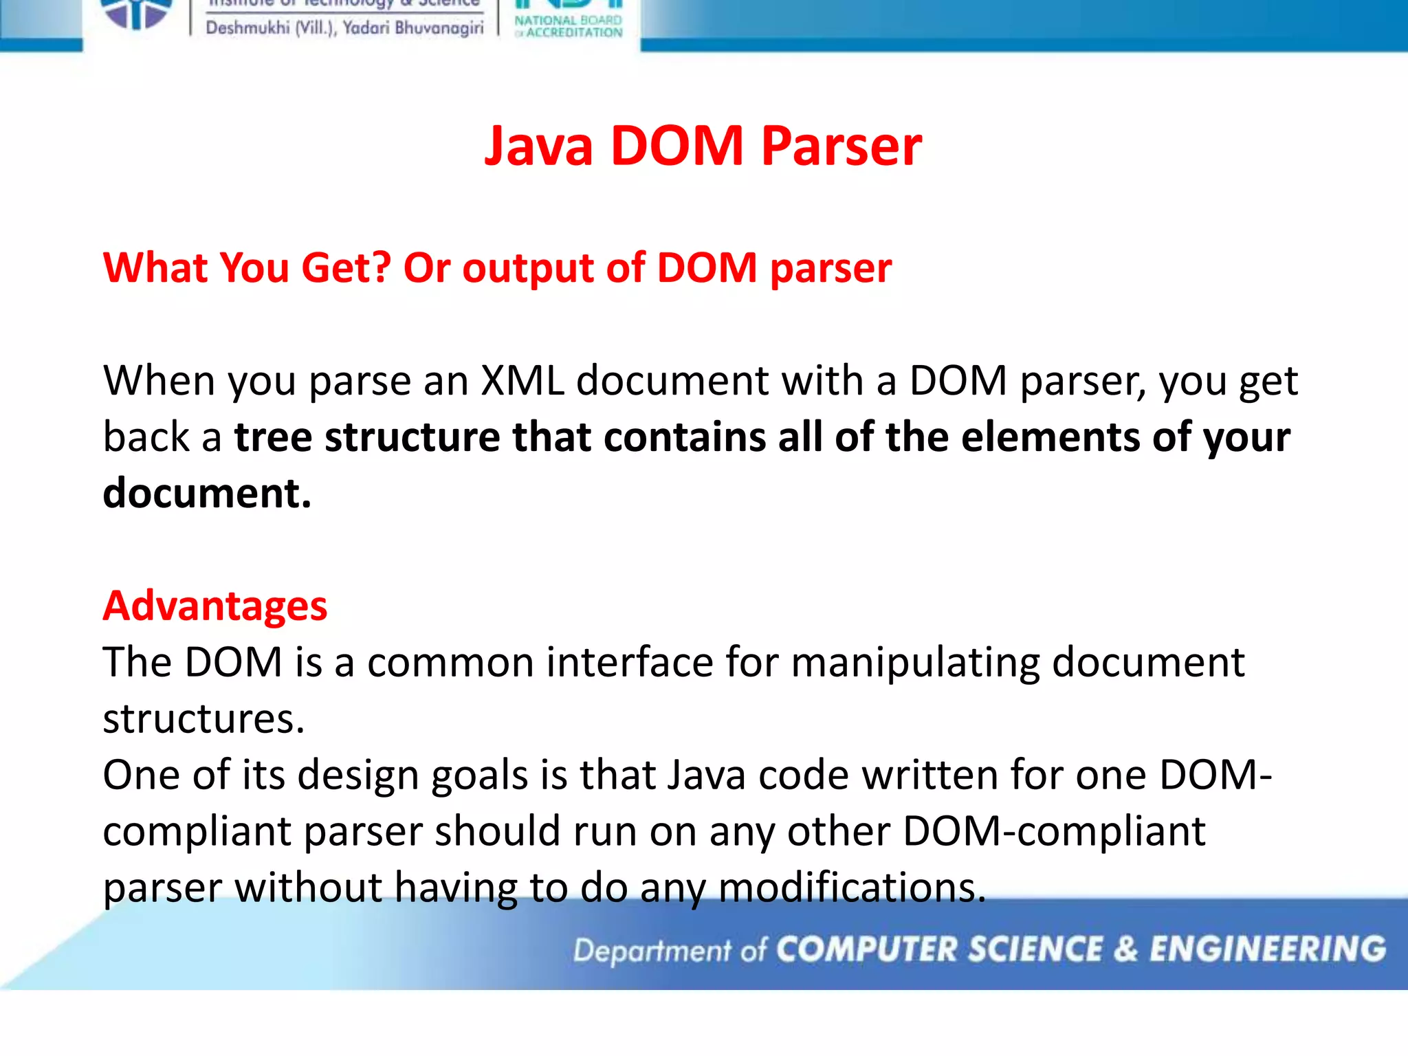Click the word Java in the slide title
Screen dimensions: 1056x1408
tap(538, 146)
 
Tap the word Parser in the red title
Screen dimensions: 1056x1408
tap(841, 146)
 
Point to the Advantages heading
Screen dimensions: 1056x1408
tap(215, 606)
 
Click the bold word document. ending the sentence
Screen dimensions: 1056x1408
tap(207, 493)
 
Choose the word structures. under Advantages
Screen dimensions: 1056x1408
tap(203, 719)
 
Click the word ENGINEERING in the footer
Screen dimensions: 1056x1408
tap(1268, 949)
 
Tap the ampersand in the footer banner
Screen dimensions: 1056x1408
tap(1126, 949)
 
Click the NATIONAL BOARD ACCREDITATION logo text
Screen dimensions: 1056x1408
tap(569, 26)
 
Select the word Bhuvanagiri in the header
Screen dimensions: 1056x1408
tap(439, 28)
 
